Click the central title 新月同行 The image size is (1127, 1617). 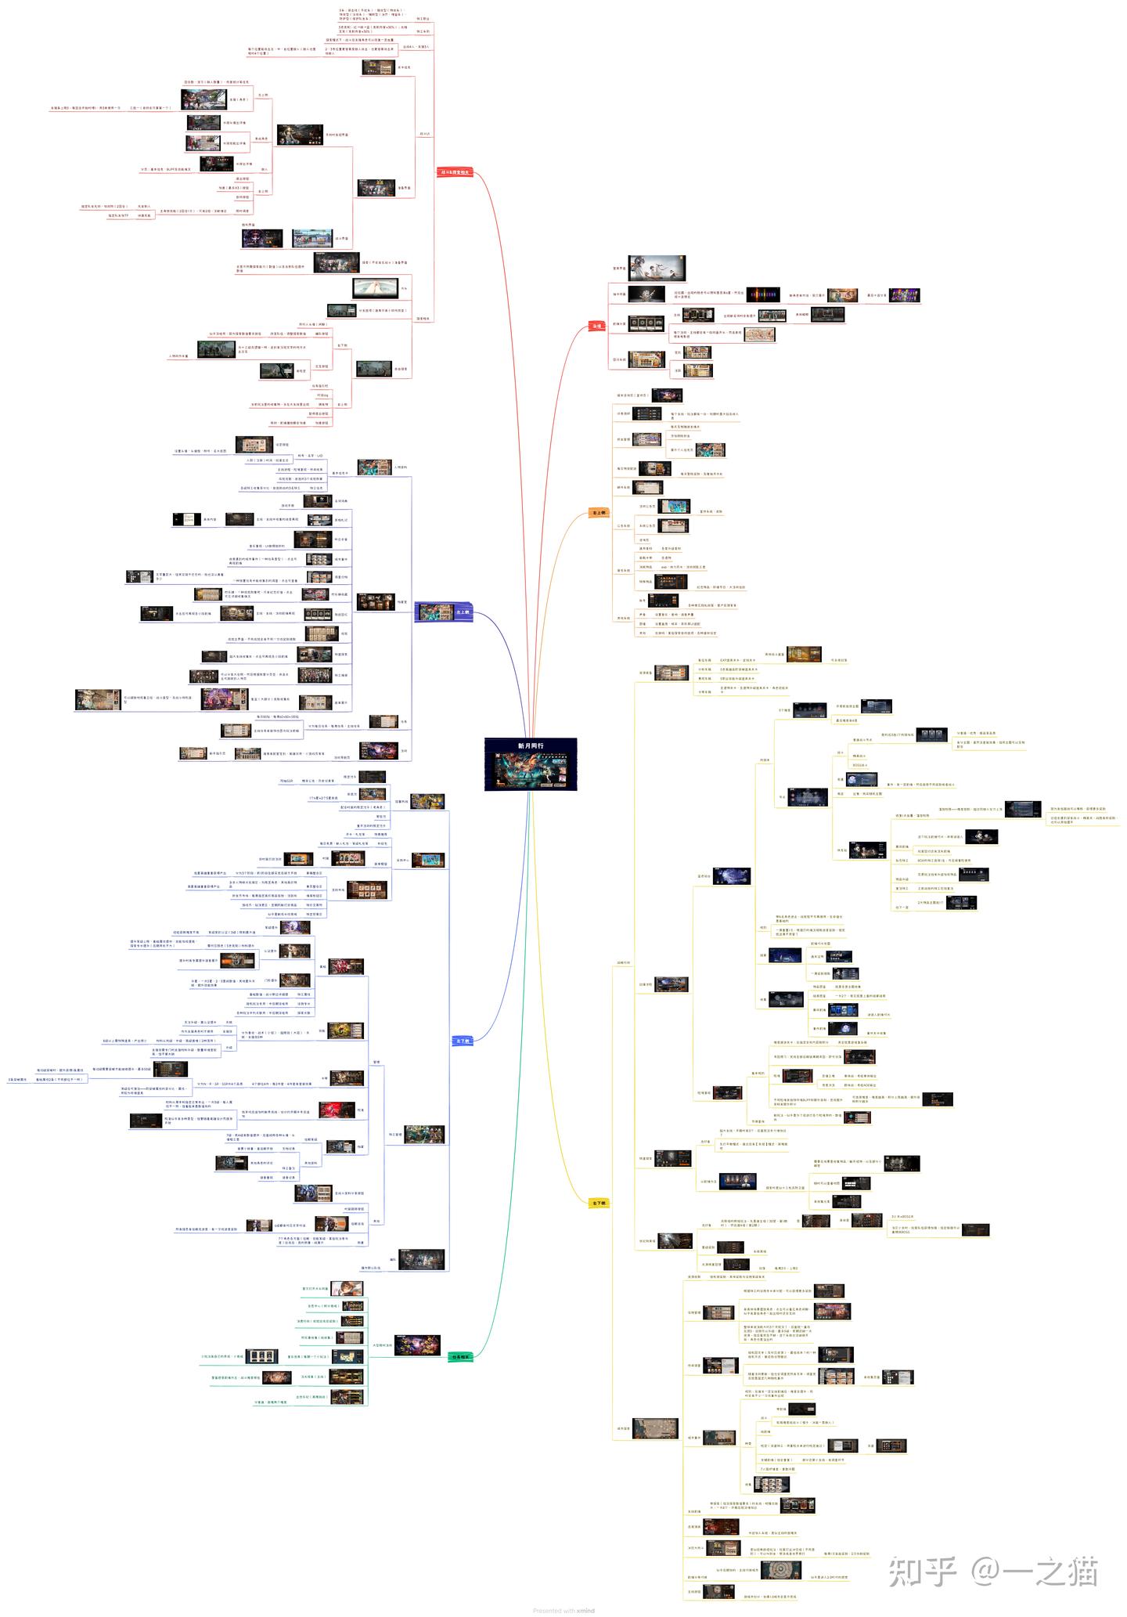click(x=530, y=745)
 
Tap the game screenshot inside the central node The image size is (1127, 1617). click(x=531, y=769)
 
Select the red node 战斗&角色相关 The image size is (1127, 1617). click(x=455, y=172)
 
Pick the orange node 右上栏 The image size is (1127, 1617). click(x=599, y=513)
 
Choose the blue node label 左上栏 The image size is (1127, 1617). click(x=462, y=612)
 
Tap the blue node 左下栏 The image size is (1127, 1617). click(x=463, y=1041)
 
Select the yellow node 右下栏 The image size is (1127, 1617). click(x=599, y=1203)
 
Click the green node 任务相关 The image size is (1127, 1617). click(x=460, y=1357)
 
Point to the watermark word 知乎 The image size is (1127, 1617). click(x=923, y=1571)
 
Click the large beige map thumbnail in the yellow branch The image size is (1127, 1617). click(x=655, y=1428)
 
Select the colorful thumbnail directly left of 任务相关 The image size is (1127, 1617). click(x=416, y=1345)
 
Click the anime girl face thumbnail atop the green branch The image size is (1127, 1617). click(x=346, y=1288)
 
